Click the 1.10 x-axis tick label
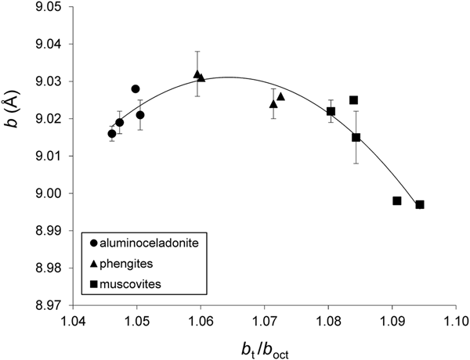point(455,321)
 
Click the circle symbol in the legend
point(94,243)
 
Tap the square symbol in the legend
point(94,283)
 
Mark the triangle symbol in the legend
point(94,263)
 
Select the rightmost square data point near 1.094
point(420,204)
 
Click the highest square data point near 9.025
point(354,100)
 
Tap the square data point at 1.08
point(331,111)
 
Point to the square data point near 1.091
point(397,201)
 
